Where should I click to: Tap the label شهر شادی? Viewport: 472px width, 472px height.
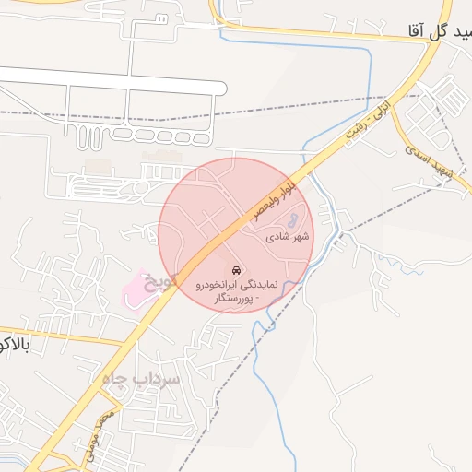pyautogui.click(x=288, y=237)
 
